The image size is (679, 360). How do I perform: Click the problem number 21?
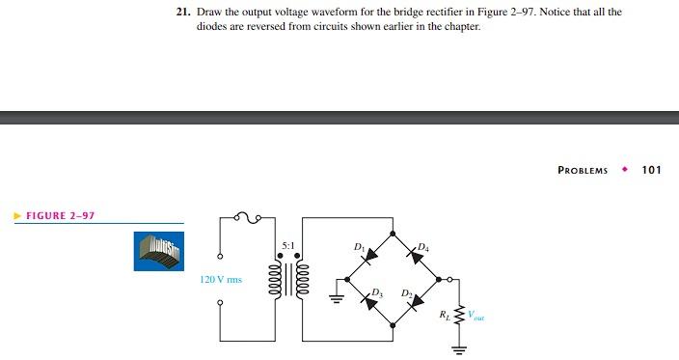pyautogui.click(x=181, y=12)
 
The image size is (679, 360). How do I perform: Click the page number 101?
pyautogui.click(x=651, y=170)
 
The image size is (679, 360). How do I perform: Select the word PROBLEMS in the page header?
pyautogui.click(x=583, y=170)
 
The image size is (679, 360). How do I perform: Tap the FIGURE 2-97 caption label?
pyautogui.click(x=60, y=215)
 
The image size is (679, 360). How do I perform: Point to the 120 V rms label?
pyautogui.click(x=221, y=280)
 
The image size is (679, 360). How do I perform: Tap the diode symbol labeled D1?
pyautogui.click(x=370, y=256)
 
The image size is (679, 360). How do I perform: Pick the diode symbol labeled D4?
pyautogui.click(x=415, y=256)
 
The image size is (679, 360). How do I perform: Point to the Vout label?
pyautogui.click(x=476, y=315)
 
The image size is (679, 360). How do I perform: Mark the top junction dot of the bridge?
pyautogui.click(x=394, y=233)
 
